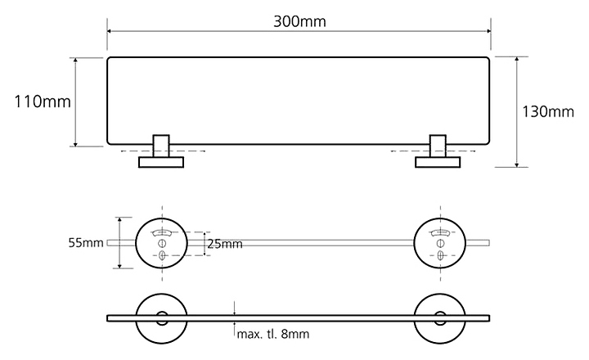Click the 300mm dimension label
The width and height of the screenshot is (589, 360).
[299, 21]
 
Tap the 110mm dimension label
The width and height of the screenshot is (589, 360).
[43, 101]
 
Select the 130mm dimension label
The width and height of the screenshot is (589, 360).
[548, 111]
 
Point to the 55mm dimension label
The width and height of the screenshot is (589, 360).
[86, 242]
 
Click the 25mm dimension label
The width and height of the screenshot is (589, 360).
[225, 245]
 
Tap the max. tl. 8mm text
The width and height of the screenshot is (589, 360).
[273, 334]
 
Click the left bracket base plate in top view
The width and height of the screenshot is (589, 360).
[161, 162]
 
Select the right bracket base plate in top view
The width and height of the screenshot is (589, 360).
[438, 162]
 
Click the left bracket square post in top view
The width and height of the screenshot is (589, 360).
[161, 146]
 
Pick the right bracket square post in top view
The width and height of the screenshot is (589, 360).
[438, 146]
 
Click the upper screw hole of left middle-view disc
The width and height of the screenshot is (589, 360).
[162, 243]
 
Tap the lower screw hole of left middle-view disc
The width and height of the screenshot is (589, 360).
[162, 255]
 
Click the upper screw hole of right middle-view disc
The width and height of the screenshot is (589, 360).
[440, 243]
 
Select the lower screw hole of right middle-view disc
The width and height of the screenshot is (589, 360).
[440, 255]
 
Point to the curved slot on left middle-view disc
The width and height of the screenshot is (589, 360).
[162, 232]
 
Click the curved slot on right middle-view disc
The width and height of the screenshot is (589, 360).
[440, 232]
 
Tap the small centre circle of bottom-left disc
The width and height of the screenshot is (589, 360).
[162, 318]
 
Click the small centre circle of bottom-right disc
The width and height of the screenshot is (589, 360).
[440, 318]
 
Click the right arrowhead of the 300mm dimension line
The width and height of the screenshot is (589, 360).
[488, 31]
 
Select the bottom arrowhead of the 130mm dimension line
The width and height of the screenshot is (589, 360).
[517, 164]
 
